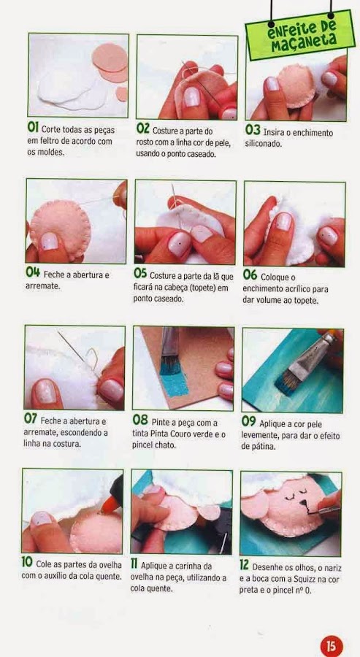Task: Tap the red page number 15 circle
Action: tap(332, 646)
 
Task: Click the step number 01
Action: tap(33, 127)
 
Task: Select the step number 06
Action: tap(250, 275)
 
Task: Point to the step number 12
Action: tap(245, 565)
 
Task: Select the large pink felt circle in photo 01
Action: tap(110, 58)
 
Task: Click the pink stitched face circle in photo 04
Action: tap(59, 225)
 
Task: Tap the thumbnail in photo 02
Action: tap(192, 96)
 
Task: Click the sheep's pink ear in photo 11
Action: tap(209, 512)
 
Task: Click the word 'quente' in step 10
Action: tap(109, 576)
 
